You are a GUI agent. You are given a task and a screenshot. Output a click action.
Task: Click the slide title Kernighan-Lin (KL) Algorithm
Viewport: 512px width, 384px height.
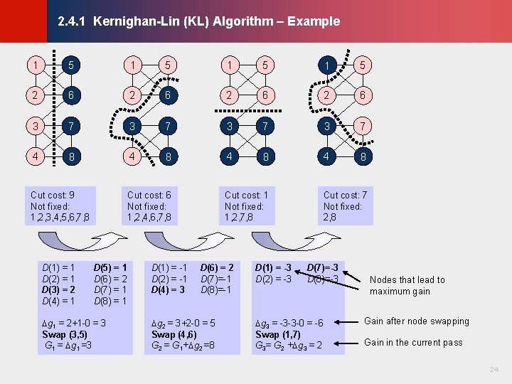198,21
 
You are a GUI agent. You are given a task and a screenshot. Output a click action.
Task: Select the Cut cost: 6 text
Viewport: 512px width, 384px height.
149,195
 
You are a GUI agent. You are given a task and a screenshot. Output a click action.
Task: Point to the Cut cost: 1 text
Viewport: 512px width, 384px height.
246,195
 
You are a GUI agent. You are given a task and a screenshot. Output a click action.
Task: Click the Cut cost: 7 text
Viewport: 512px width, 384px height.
345,195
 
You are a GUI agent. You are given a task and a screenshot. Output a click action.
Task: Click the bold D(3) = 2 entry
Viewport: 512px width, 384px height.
59,289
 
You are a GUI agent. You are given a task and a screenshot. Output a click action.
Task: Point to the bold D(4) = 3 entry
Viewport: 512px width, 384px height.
169,289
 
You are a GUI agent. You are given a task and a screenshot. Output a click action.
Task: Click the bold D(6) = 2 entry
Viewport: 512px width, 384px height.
217,267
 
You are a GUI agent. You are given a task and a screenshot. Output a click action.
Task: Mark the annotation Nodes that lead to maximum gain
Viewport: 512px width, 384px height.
407,285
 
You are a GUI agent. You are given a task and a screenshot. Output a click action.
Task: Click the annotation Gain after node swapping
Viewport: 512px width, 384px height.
417,321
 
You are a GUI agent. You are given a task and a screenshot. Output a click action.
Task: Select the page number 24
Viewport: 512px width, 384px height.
494,370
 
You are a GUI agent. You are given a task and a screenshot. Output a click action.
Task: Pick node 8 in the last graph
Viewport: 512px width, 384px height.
363,156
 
